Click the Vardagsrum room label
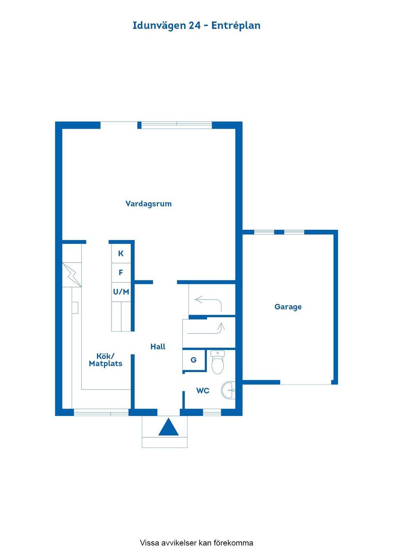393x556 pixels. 148,204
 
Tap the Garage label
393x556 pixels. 288,307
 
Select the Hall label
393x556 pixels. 158,346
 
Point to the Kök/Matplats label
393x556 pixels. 106,360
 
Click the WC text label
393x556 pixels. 203,391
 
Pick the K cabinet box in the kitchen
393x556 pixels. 121,253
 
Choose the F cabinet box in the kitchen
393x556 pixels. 121,273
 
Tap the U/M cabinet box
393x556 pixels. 121,292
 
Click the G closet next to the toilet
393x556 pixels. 194,360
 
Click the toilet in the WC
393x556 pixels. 218,362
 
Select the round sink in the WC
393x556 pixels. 228,391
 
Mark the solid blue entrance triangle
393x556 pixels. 169,427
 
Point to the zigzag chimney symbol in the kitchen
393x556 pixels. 72,275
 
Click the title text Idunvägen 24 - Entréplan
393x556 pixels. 196,25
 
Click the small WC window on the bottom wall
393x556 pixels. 212,412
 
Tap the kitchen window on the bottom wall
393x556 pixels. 101,412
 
